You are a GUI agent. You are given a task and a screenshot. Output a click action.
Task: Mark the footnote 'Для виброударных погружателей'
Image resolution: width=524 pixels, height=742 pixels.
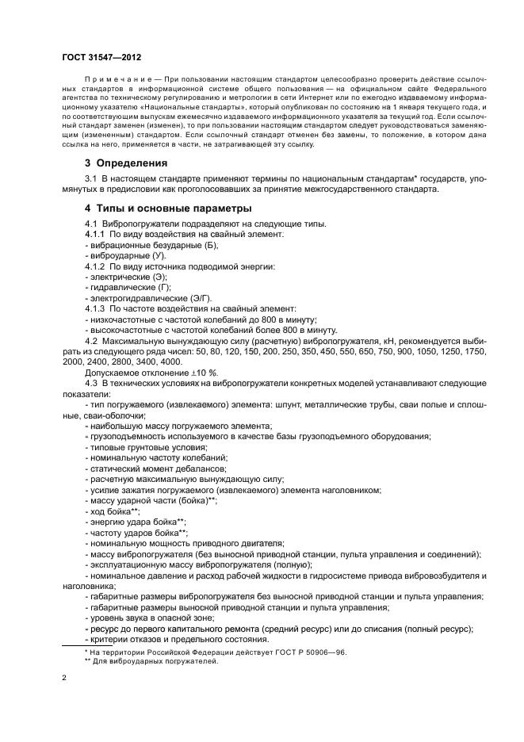click(x=155, y=661)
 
